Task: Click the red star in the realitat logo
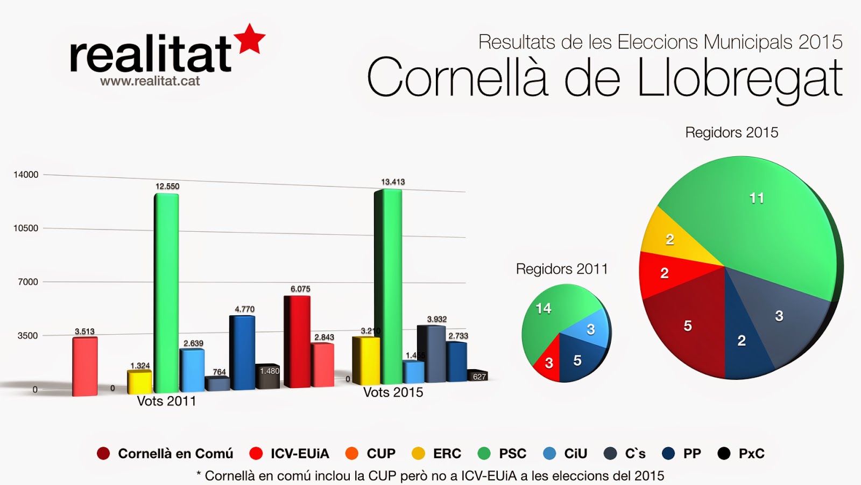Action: (x=251, y=39)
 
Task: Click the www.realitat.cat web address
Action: (x=150, y=81)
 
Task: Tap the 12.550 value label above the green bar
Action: (x=167, y=186)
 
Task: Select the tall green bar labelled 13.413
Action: (x=388, y=286)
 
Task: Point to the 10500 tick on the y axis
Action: (x=26, y=228)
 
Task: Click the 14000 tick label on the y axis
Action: (x=26, y=175)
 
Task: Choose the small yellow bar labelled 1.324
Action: (x=139, y=382)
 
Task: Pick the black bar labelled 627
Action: (x=477, y=376)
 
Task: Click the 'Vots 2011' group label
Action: (x=166, y=401)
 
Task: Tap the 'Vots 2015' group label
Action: (x=393, y=393)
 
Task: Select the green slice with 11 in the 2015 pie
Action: (x=753, y=216)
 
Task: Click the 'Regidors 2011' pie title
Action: (x=561, y=269)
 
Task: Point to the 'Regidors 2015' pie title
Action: (x=731, y=133)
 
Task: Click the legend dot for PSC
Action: (x=484, y=454)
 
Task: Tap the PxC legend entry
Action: (x=741, y=454)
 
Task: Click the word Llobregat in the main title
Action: (x=739, y=79)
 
